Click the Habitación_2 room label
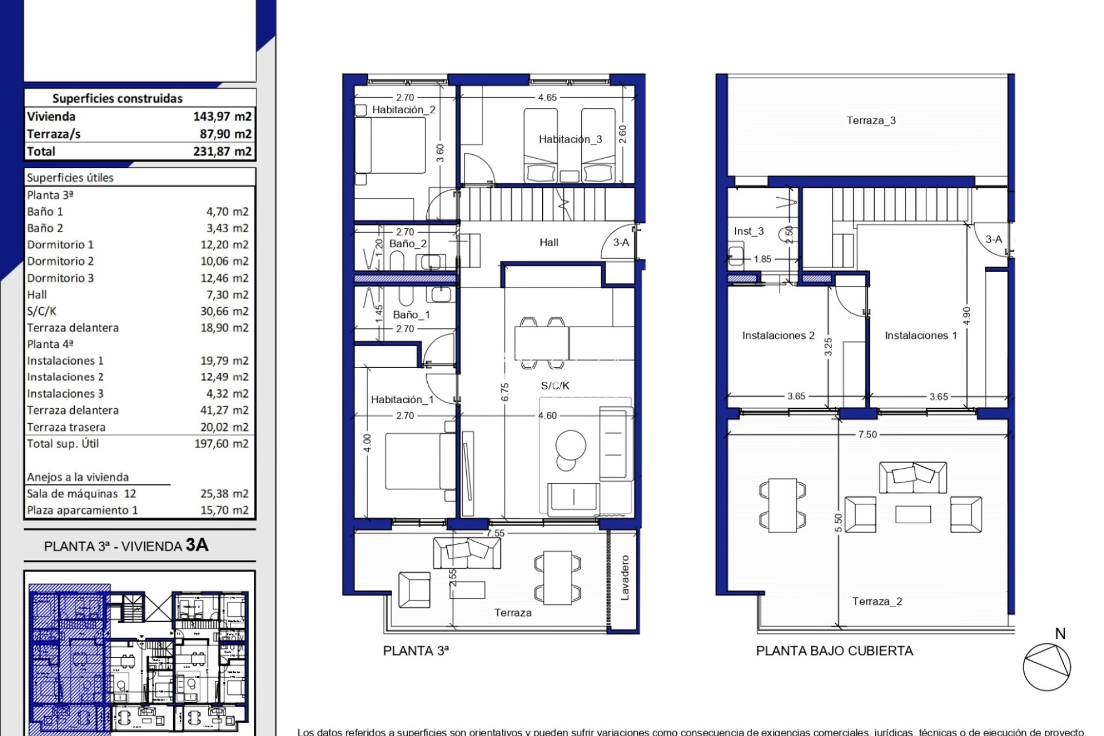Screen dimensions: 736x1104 click(x=404, y=110)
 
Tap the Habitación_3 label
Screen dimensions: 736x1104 click(x=570, y=139)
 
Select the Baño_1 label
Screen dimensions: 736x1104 click(x=411, y=315)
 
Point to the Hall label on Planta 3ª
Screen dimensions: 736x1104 click(x=549, y=243)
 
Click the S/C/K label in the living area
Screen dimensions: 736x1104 click(x=555, y=386)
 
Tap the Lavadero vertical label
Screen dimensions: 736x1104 click(x=625, y=577)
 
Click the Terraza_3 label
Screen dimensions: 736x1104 click(x=871, y=120)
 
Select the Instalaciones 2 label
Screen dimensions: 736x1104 click(x=778, y=335)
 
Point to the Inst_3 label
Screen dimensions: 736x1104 click(x=748, y=231)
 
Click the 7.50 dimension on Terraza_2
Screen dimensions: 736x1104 click(x=867, y=435)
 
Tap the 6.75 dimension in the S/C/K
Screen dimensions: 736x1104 click(x=505, y=392)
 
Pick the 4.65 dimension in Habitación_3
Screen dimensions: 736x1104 click(x=547, y=98)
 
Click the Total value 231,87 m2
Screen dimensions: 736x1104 click(x=222, y=152)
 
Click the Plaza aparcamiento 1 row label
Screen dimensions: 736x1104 click(x=82, y=511)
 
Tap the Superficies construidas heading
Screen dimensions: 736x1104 click(x=117, y=98)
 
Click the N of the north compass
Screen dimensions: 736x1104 click(x=1060, y=634)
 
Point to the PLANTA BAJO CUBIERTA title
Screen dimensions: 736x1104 click(x=834, y=651)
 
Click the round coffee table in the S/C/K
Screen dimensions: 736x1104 click(x=570, y=445)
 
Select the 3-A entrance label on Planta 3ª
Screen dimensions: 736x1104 click(x=621, y=243)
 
